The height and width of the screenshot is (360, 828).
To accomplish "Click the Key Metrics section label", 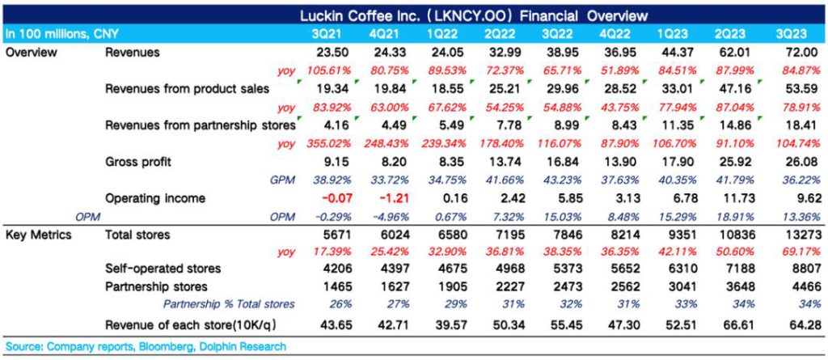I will (39, 235).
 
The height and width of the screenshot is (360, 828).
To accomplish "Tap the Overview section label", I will (30, 52).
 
